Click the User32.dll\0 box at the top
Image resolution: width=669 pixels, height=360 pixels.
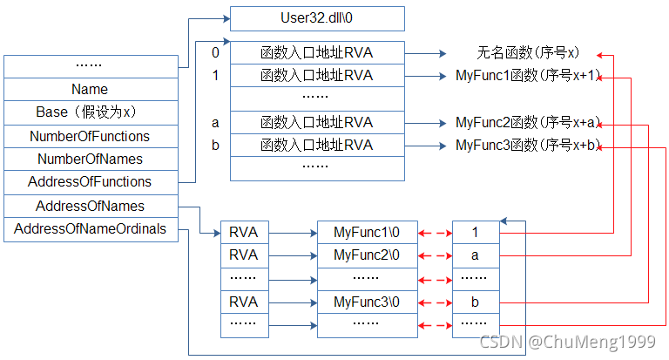[317, 18]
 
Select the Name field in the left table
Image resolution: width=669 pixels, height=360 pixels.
[90, 89]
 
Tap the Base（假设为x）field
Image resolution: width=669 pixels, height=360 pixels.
[90, 112]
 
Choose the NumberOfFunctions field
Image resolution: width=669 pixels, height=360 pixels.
[90, 136]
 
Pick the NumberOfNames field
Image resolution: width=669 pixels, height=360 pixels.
[90, 159]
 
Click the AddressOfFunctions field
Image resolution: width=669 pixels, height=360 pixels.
[90, 182]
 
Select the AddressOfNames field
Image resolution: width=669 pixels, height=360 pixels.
[90, 207]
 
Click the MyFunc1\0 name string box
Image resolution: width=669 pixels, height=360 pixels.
[367, 233]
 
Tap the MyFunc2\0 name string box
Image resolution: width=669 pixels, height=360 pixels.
[367, 255]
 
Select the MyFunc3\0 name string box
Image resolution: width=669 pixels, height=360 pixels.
[367, 302]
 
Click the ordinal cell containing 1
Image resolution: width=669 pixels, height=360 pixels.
[475, 233]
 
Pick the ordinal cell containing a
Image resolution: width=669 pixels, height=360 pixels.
[475, 255]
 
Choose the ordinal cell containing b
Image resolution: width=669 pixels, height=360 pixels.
[475, 302]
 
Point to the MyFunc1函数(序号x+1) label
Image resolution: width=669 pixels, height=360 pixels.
[528, 76]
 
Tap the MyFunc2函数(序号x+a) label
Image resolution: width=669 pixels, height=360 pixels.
[528, 122]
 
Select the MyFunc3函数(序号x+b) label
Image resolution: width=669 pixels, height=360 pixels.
[528, 145]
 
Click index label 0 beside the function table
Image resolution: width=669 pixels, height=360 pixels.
[215, 52]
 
